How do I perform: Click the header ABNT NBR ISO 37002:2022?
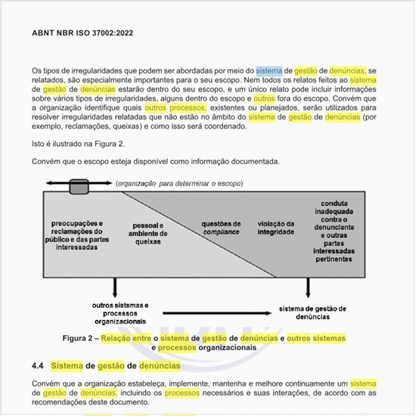pos(83,33)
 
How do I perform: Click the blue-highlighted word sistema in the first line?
pos(269,70)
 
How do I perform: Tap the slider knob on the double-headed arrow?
pos(79,183)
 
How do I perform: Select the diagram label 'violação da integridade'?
pos(275,227)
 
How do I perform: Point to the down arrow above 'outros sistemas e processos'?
pos(114,287)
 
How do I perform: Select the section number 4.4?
pos(38,366)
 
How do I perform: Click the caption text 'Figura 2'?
pos(80,337)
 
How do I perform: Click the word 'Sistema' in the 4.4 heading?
pos(67,366)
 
